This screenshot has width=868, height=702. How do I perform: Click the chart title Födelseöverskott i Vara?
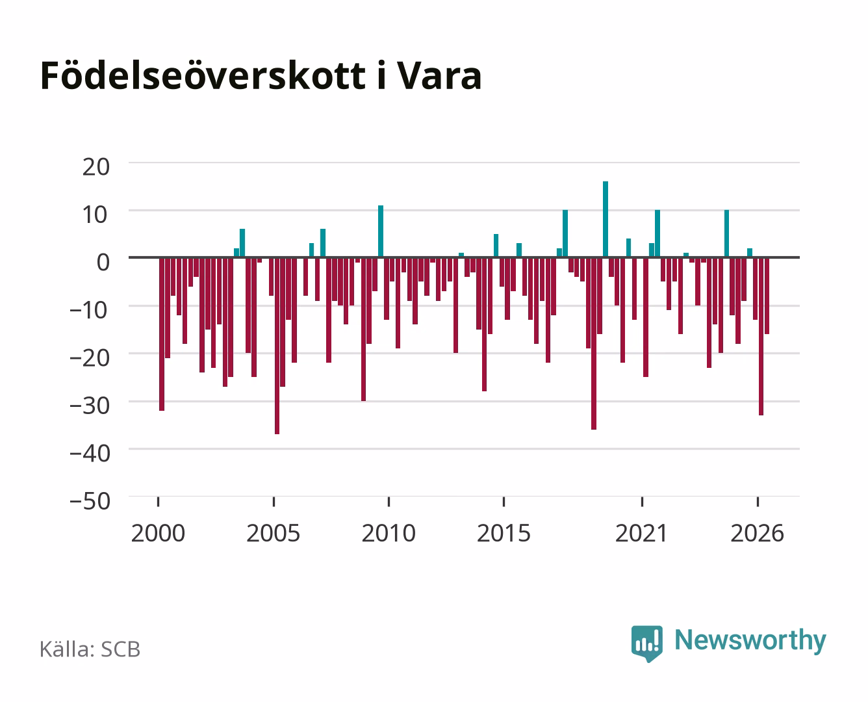[x=261, y=75]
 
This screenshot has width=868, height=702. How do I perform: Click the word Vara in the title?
[x=439, y=76]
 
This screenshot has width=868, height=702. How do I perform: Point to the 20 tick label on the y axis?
[x=96, y=167]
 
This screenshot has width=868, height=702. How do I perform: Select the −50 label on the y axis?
[x=90, y=501]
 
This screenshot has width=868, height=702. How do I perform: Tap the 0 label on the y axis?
[x=103, y=262]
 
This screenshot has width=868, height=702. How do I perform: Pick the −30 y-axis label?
[x=90, y=406]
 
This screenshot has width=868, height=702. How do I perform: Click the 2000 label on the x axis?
[x=158, y=533]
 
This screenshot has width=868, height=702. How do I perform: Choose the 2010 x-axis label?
[x=389, y=533]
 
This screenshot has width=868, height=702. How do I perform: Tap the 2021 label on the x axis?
[x=641, y=533]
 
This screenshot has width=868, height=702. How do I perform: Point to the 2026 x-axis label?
[x=757, y=533]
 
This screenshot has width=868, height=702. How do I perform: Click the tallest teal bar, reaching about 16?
[x=606, y=219]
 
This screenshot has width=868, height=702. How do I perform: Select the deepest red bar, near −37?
[x=277, y=346]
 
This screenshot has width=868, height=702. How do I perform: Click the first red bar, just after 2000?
[x=162, y=334]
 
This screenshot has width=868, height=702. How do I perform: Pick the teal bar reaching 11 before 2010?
[x=381, y=231]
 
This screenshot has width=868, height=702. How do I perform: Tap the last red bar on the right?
[x=767, y=296]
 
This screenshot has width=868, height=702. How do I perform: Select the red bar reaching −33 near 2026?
[x=761, y=336]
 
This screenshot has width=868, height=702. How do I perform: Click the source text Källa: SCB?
[x=90, y=649]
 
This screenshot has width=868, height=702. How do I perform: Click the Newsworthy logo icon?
[x=646, y=643]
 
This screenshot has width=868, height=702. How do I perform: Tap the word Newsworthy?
[x=750, y=641]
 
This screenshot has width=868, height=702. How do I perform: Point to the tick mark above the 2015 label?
[x=504, y=501]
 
